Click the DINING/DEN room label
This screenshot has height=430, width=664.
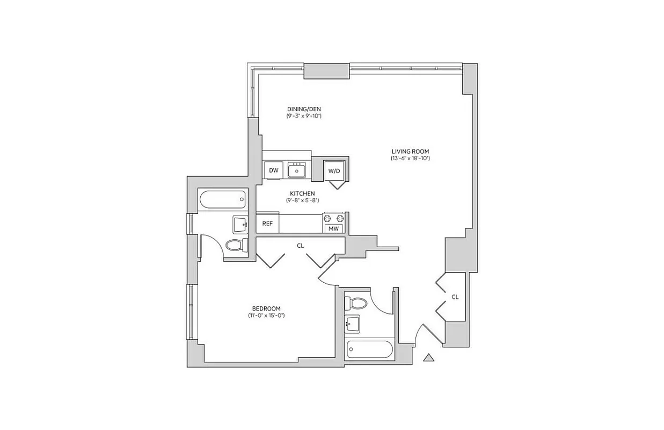pyautogui.click(x=303, y=109)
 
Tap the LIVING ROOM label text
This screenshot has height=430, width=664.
pyautogui.click(x=410, y=151)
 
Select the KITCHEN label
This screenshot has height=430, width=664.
pyautogui.click(x=302, y=193)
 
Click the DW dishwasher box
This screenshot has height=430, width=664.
pyautogui.click(x=274, y=170)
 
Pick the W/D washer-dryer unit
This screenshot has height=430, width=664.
pyautogui.click(x=334, y=171)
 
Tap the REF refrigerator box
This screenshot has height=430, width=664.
pyautogui.click(x=267, y=224)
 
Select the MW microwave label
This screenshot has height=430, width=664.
pyautogui.click(x=334, y=229)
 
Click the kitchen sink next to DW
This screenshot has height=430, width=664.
pyautogui.click(x=296, y=170)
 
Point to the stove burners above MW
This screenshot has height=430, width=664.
pyautogui.click(x=334, y=218)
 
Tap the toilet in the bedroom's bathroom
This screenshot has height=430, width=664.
pyautogui.click(x=236, y=246)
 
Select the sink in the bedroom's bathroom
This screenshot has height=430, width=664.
pyautogui.click(x=240, y=224)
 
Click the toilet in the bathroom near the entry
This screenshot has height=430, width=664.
pyautogui.click(x=356, y=304)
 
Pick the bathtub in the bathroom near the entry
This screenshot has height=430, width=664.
pyautogui.click(x=370, y=350)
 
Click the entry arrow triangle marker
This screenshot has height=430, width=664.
pyautogui.click(x=428, y=357)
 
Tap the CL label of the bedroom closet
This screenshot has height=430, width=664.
pyautogui.click(x=301, y=246)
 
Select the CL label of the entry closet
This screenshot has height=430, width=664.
pyautogui.click(x=455, y=297)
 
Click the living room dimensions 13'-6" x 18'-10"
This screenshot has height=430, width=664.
pyautogui.click(x=410, y=159)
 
